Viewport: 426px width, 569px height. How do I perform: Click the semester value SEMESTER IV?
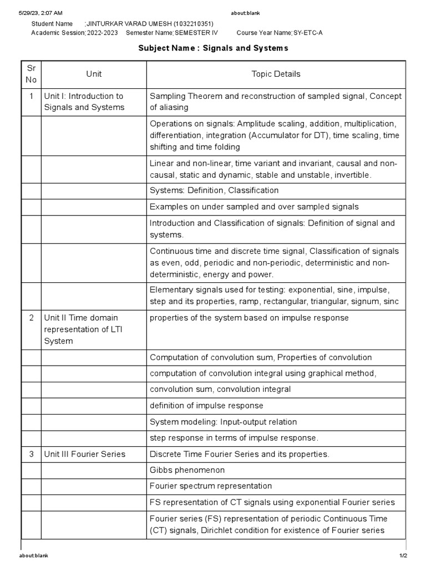point(196,33)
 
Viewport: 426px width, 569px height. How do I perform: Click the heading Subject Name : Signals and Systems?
point(213,48)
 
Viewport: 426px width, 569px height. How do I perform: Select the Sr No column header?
point(31,74)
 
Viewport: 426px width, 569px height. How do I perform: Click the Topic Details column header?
point(276,74)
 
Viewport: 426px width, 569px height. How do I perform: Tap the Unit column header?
point(94,74)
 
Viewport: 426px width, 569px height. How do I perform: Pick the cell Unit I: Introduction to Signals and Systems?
point(84,102)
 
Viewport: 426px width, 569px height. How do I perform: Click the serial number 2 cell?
point(31,318)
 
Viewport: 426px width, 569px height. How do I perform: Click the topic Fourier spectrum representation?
point(211,486)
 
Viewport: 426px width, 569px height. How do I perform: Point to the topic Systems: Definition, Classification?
point(214,191)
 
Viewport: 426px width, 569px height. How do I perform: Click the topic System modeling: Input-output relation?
point(223,422)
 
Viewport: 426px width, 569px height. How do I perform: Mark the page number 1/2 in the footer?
point(403,556)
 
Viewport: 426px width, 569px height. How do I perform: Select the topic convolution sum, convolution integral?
point(220,389)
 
